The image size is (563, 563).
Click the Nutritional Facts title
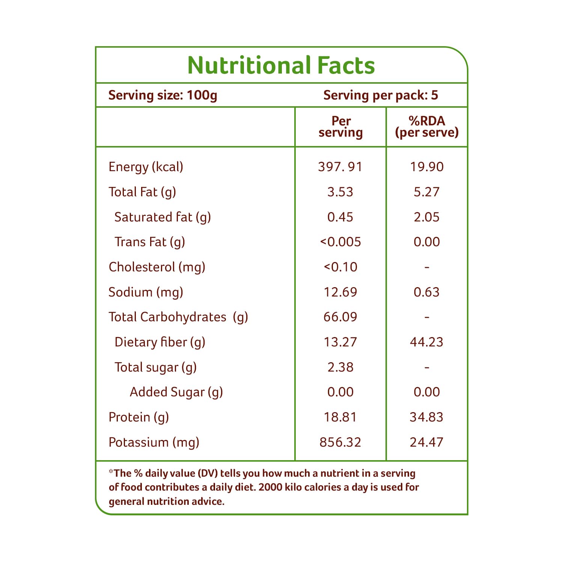(281, 65)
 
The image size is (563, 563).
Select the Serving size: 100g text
(163, 95)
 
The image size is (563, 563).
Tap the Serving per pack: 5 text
(381, 95)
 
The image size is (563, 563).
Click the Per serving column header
(341, 127)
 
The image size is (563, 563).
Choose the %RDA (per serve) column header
(427, 127)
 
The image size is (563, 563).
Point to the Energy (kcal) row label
(146, 167)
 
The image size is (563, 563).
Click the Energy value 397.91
(340, 167)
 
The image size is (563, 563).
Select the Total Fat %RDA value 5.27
(426, 192)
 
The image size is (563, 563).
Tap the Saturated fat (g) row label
(163, 217)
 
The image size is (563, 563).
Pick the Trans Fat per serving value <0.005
(340, 242)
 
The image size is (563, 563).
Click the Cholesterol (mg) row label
(157, 267)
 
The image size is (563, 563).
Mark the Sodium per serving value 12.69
(340, 292)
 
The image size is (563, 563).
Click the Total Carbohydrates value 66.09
(340, 317)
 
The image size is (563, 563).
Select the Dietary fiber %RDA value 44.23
(426, 342)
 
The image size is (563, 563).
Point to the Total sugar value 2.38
(340, 367)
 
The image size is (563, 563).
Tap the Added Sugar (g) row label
(176, 392)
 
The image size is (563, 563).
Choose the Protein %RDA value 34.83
(426, 417)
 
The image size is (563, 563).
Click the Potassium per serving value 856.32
(340, 442)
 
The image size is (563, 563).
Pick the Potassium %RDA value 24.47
(426, 442)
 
